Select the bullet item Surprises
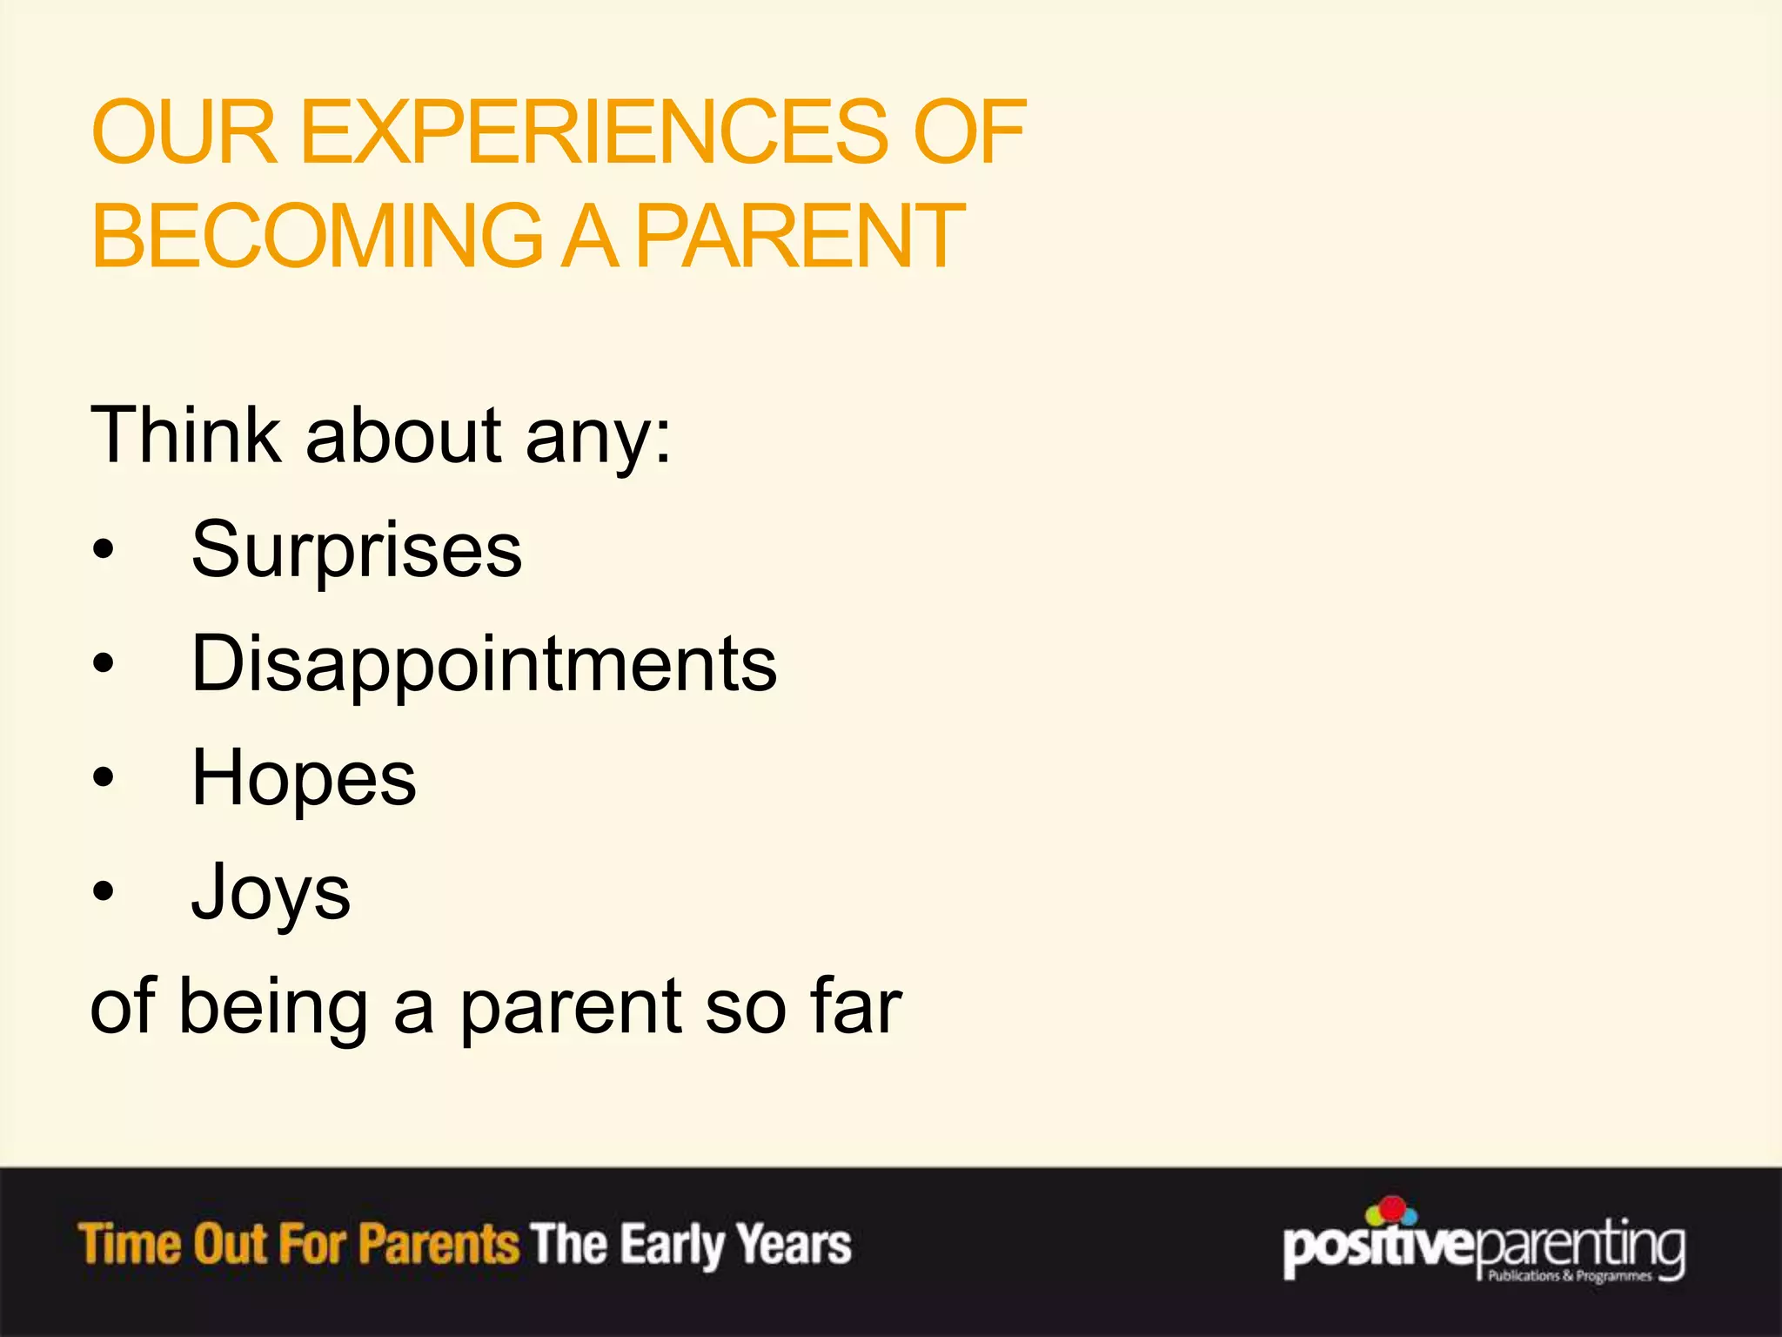pyautogui.click(x=357, y=550)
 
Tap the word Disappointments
pyautogui.click(x=484, y=665)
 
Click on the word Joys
pyautogui.click(x=271, y=893)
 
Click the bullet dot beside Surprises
pyautogui.click(x=104, y=551)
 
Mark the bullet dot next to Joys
pyautogui.click(x=104, y=892)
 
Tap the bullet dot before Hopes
pyautogui.click(x=104, y=778)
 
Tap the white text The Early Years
pyautogui.click(x=692, y=1244)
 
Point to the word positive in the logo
pyautogui.click(x=1378, y=1250)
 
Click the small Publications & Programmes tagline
pyautogui.click(x=1570, y=1276)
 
